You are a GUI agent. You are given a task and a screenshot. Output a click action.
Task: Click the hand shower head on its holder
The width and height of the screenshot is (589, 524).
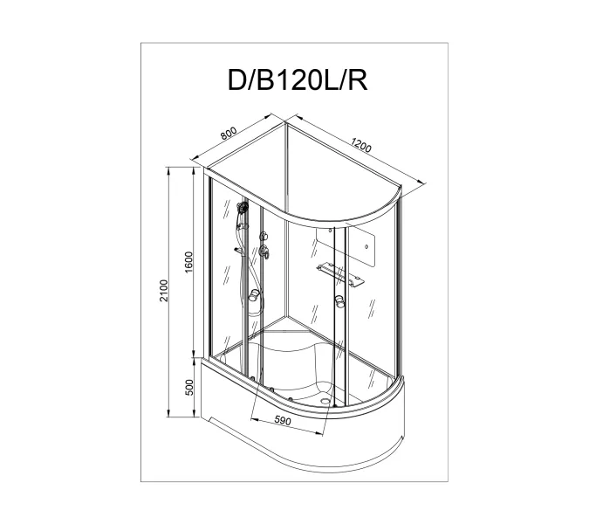tap(241, 210)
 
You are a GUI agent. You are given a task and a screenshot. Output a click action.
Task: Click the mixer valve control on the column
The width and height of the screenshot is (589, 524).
tap(264, 253)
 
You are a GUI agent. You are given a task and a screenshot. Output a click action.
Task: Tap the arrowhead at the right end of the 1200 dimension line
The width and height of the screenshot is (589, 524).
tap(425, 182)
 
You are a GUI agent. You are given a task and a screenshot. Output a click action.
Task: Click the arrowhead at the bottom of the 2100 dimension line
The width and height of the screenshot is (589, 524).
tap(169, 423)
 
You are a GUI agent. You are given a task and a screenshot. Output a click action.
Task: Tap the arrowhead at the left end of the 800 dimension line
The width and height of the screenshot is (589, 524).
tap(195, 161)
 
